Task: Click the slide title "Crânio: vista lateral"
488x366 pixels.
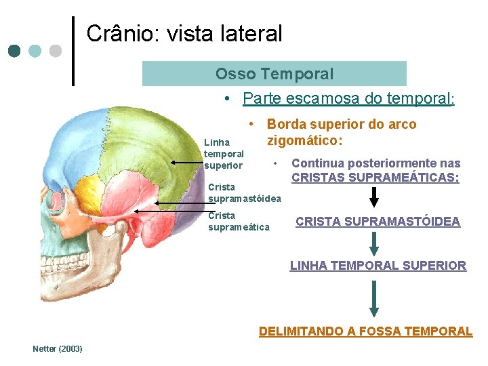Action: coord(184,33)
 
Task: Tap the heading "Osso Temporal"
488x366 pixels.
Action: coord(274,74)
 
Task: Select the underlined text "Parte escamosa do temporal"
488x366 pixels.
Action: coord(347,99)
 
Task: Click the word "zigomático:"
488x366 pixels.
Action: coord(304,141)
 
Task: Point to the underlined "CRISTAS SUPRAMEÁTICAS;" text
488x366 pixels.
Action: coord(375,178)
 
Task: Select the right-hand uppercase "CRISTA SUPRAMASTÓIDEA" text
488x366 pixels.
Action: coord(378,222)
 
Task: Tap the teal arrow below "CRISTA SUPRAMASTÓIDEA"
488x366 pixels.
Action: coord(374,243)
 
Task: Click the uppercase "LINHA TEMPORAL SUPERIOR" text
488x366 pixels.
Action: coord(378,266)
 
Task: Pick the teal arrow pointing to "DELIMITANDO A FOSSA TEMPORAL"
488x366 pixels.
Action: coord(374,298)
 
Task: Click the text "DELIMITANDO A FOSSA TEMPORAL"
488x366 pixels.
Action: coord(365,331)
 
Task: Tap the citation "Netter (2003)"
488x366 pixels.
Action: coord(58,348)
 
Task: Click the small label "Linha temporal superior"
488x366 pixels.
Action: coord(224,154)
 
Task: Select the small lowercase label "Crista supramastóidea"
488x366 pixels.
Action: coord(244,192)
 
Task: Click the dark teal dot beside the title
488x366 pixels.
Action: coord(15,51)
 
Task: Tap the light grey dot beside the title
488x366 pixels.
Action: coord(56,51)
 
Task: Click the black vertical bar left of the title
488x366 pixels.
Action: coord(73,51)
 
